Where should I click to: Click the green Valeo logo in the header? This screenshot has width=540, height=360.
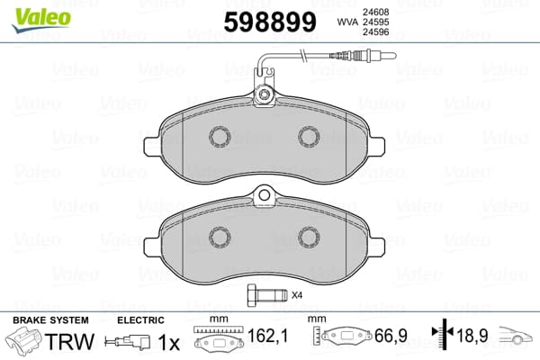pyautogui.click(x=41, y=20)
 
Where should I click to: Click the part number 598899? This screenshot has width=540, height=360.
pyautogui.click(x=270, y=22)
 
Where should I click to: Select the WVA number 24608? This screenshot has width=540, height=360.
pyautogui.click(x=375, y=12)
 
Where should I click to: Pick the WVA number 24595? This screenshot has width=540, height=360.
pyautogui.click(x=375, y=22)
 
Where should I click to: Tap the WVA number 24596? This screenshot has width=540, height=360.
pyautogui.click(x=375, y=32)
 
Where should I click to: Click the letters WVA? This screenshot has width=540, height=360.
pyautogui.click(x=347, y=22)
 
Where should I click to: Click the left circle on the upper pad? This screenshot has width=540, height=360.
pyautogui.click(x=220, y=137)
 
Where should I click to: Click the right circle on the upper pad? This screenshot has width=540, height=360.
pyautogui.click(x=309, y=137)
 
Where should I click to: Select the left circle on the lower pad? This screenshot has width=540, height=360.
pyautogui.click(x=220, y=238)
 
